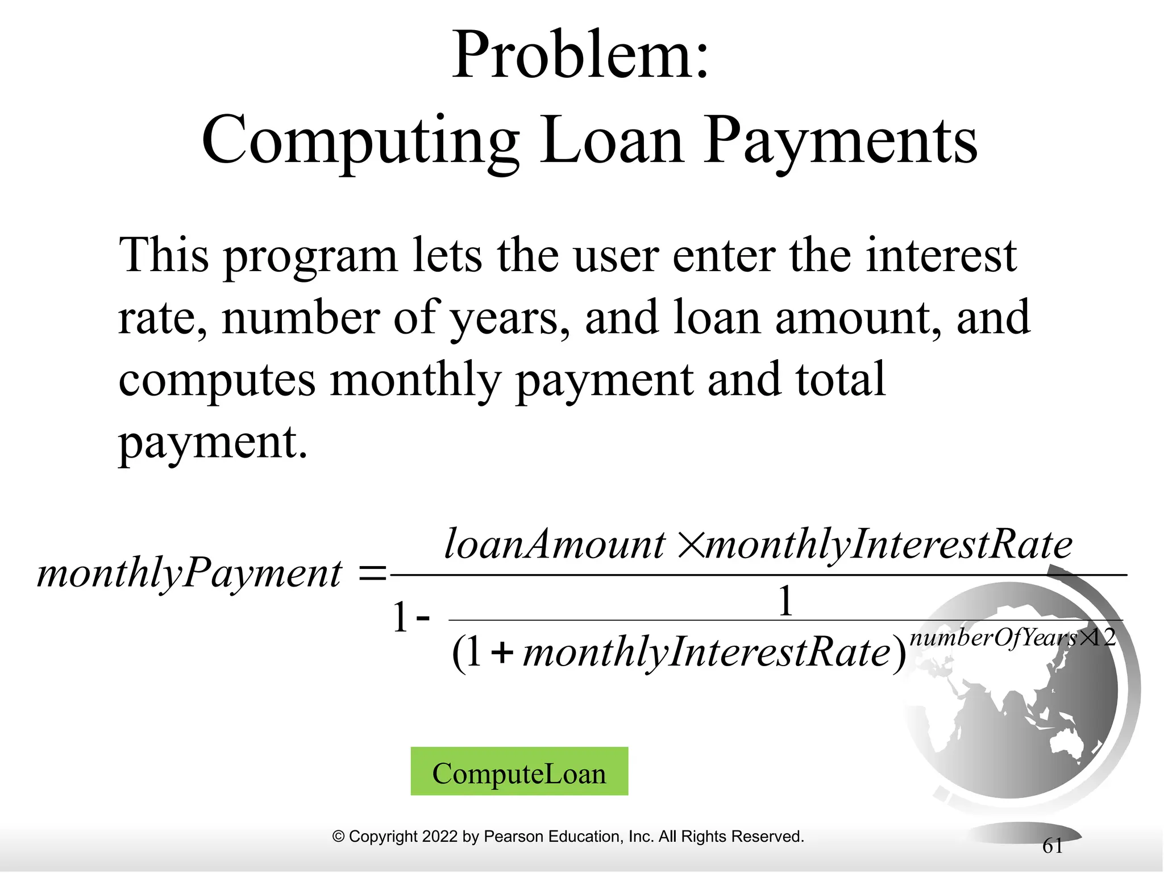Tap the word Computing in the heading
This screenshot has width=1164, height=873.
click(360, 141)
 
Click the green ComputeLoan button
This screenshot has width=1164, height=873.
click(519, 771)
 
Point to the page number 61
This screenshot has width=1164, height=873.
click(1053, 846)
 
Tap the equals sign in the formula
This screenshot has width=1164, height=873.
click(372, 573)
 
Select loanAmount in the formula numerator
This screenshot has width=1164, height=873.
click(554, 544)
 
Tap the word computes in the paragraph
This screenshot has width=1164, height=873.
click(217, 380)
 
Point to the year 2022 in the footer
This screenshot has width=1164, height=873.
click(440, 837)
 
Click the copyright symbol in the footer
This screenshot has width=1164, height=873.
click(339, 837)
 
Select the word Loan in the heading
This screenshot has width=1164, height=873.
click(611, 141)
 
